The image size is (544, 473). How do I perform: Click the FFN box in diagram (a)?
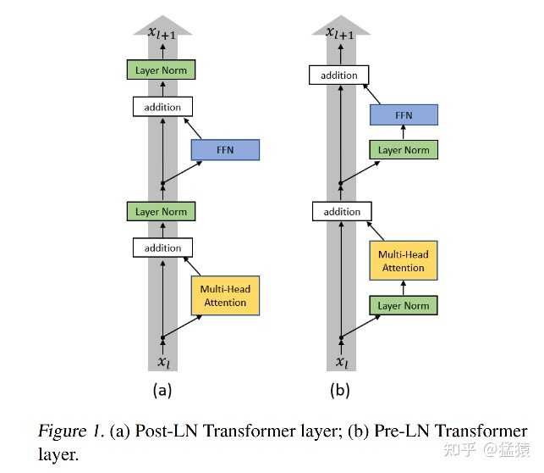pyautogui.click(x=224, y=150)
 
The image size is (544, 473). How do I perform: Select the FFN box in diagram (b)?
pyautogui.click(x=404, y=114)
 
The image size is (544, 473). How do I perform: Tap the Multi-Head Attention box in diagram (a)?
pyautogui.click(x=224, y=295)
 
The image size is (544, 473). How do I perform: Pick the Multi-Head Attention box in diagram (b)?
pyautogui.click(x=403, y=261)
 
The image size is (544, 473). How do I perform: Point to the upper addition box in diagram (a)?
pyautogui.click(x=162, y=108)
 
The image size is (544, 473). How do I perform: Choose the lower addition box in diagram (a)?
pyautogui.click(x=162, y=248)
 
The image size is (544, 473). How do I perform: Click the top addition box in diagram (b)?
pyautogui.click(x=339, y=75)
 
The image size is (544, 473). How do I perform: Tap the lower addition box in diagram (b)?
pyautogui.click(x=342, y=211)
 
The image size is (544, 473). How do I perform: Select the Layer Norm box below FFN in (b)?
pyautogui.click(x=403, y=150)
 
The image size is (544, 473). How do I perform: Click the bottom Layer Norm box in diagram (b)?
pyautogui.click(x=403, y=305)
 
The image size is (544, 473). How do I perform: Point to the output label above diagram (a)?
pyautogui.click(x=163, y=33)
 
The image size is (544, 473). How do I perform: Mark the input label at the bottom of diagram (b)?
pyautogui.click(x=340, y=362)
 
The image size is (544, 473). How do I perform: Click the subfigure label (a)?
pyautogui.click(x=162, y=391)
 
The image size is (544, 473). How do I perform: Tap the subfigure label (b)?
pyautogui.click(x=339, y=391)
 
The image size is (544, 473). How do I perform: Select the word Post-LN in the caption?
pyautogui.click(x=151, y=431)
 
